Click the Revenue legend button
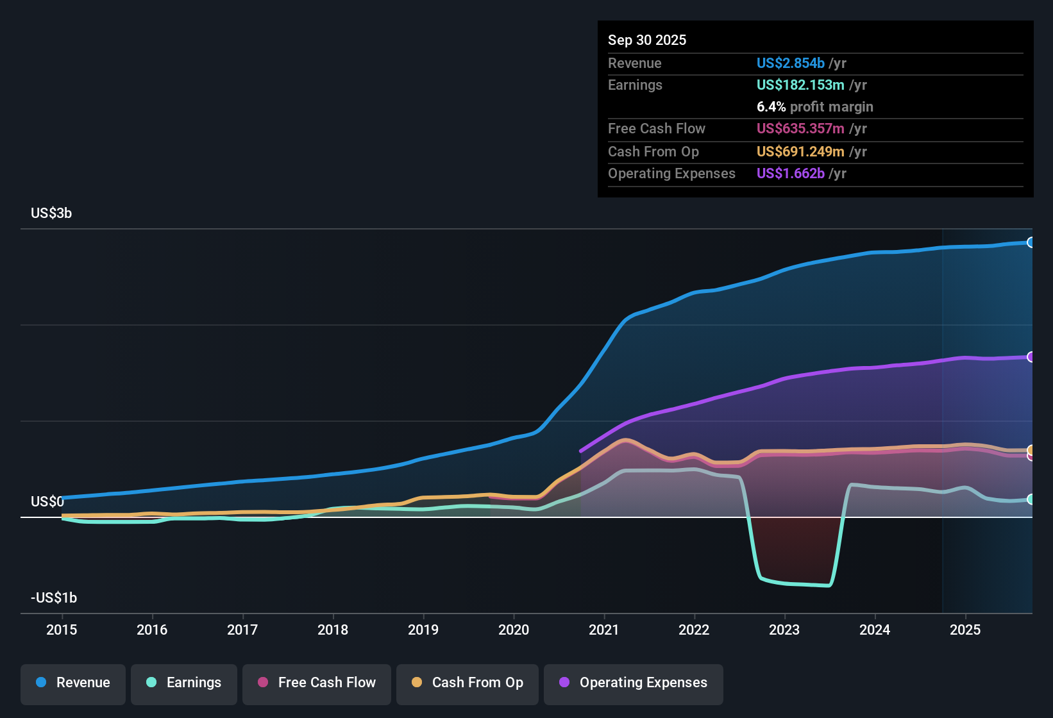coord(73,683)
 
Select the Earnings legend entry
coord(184,683)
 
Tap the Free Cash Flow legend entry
coord(317,683)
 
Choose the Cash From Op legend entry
coord(468,683)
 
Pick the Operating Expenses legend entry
coord(634,683)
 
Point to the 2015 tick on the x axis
coord(62,630)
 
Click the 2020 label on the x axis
coord(514,630)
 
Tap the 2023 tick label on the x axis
coord(784,630)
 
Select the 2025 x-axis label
coord(965,630)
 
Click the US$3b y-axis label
coord(51,213)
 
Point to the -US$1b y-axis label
coord(54,598)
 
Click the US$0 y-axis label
coord(47,502)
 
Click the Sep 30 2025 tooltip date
coord(647,40)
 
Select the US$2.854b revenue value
coord(790,63)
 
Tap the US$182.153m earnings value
coord(800,85)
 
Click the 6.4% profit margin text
coord(814,107)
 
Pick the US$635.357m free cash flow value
coord(800,129)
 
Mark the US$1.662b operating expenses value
coord(790,174)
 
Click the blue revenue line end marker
coord(1031,242)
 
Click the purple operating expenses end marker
coord(1031,357)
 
